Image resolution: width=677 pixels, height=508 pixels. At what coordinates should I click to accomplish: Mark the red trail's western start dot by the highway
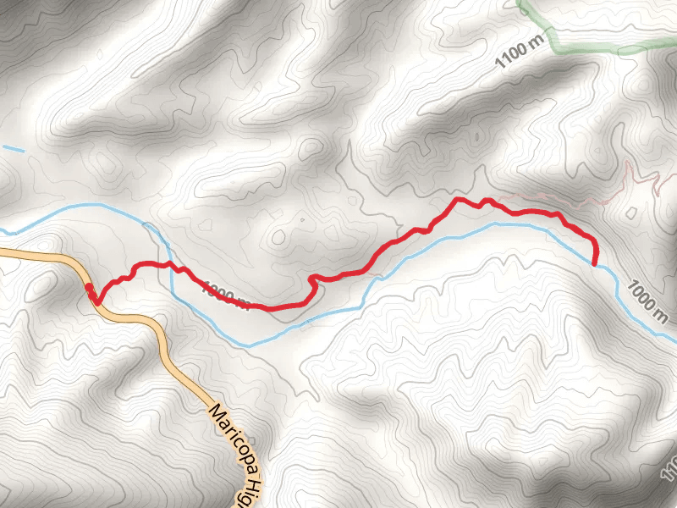point(90,289)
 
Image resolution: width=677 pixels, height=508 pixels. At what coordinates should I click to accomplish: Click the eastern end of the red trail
point(595,262)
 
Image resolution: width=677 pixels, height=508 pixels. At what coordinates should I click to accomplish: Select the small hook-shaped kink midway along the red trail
point(314,279)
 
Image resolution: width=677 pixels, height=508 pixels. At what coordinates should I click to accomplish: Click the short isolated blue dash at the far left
point(13,150)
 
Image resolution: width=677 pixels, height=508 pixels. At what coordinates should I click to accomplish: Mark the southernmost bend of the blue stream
point(247,345)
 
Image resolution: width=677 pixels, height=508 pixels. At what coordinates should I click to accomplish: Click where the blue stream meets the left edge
point(3,230)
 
